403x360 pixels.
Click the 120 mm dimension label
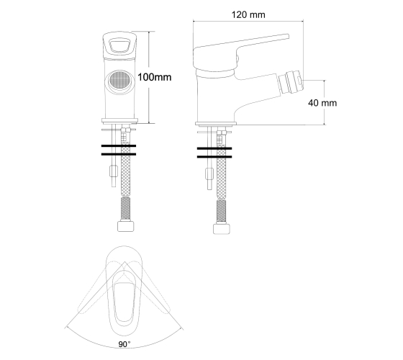(x=248, y=14)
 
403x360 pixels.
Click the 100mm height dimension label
(x=155, y=77)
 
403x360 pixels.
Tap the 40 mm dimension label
(x=322, y=103)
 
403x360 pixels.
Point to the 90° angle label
(x=124, y=344)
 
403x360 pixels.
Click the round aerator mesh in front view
(x=119, y=80)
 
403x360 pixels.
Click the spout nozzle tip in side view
(x=291, y=83)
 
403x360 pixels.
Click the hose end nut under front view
(x=126, y=226)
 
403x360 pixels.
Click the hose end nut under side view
(x=222, y=229)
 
